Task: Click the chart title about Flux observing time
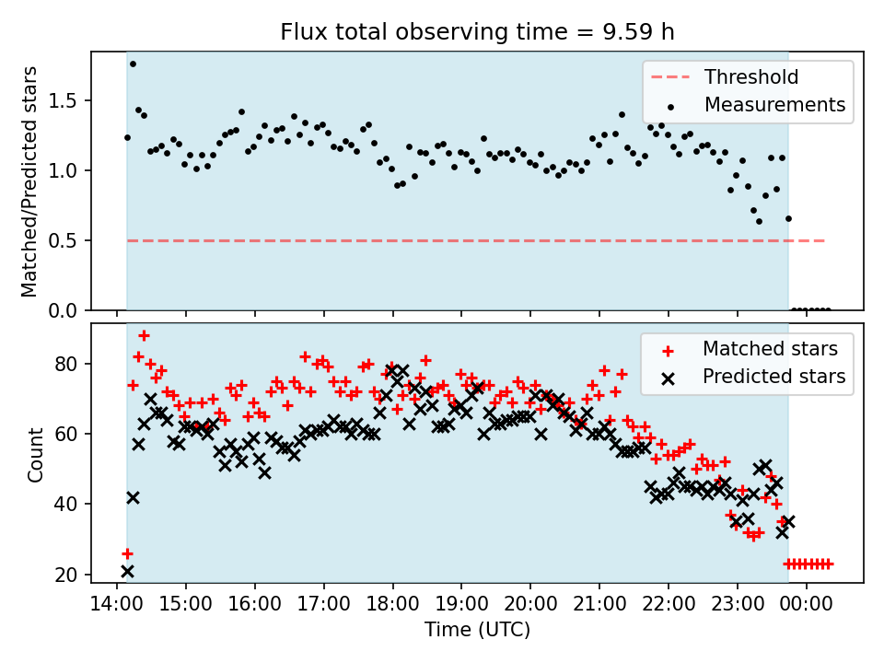point(477,32)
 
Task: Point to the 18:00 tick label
point(392,607)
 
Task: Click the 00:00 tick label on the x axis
point(807,607)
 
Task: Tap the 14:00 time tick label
point(117,607)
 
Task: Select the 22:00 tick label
point(669,607)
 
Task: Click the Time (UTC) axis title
point(477,631)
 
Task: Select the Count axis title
point(35,454)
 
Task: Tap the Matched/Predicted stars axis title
point(29,181)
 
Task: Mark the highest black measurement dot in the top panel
point(133,64)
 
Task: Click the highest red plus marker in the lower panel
point(144,335)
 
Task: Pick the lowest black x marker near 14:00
point(127,571)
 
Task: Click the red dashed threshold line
point(460,240)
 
